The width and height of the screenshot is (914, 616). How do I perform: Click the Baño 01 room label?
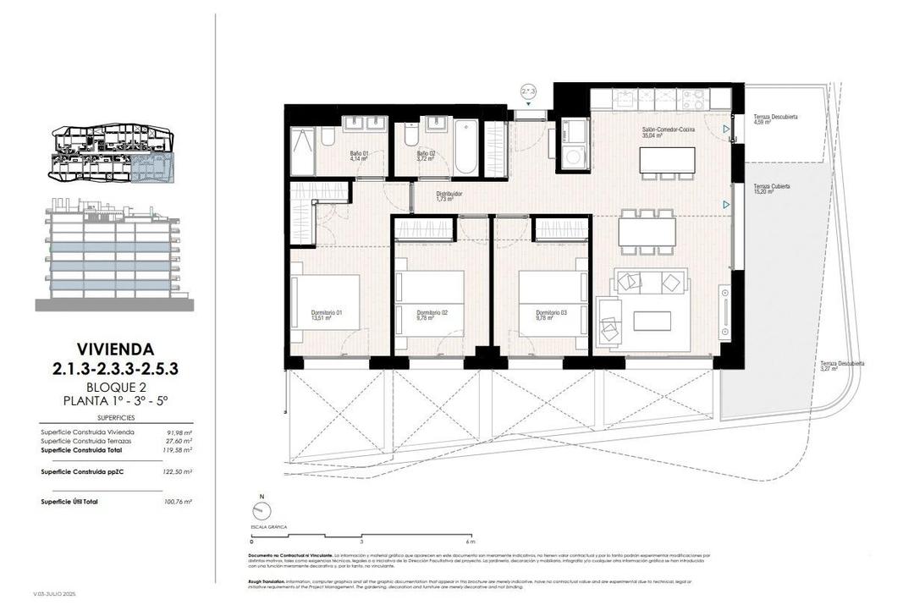358,156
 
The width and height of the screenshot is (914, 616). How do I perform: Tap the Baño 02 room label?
426,156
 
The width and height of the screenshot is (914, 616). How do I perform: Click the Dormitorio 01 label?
326,315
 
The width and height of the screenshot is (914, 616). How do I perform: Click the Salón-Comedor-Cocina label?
669,132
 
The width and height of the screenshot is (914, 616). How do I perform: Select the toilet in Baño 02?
411,134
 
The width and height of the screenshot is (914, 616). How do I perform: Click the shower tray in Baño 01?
302,150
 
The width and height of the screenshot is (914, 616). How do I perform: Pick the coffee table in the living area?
652,321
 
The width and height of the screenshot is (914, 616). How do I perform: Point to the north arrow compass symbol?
262,510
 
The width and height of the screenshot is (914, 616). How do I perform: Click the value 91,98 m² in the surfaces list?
179,432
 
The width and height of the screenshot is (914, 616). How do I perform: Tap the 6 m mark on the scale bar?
471,542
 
